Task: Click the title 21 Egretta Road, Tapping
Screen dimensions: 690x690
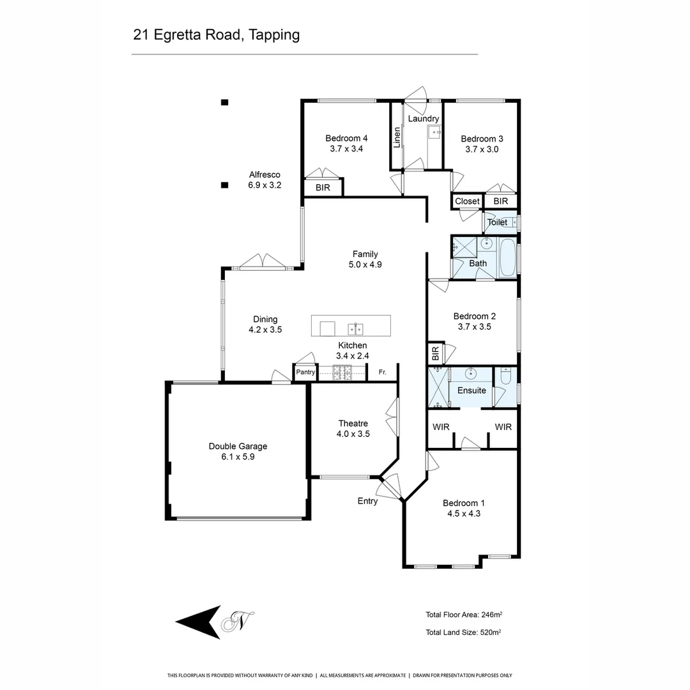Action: [216, 34]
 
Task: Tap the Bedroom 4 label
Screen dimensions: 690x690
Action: [346, 138]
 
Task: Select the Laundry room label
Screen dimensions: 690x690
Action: [423, 119]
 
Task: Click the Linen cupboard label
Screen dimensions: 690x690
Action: [397, 137]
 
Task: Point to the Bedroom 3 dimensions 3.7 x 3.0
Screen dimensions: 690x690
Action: [482, 149]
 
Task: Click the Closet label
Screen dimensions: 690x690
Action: [467, 201]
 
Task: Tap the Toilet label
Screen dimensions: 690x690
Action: [497, 222]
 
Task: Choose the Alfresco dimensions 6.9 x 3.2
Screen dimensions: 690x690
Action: [264, 185]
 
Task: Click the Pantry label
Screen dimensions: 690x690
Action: [305, 372]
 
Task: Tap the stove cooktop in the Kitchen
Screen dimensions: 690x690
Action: [342, 372]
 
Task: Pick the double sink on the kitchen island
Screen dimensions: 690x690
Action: [355, 329]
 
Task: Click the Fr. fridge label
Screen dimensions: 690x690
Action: [382, 372]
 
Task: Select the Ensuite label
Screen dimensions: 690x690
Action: [471, 390]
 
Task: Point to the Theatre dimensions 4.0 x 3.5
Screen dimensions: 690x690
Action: [353, 434]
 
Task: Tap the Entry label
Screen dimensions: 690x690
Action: [367, 501]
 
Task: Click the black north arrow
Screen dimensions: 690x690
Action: [199, 622]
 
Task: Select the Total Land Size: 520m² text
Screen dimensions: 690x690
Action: [463, 632]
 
